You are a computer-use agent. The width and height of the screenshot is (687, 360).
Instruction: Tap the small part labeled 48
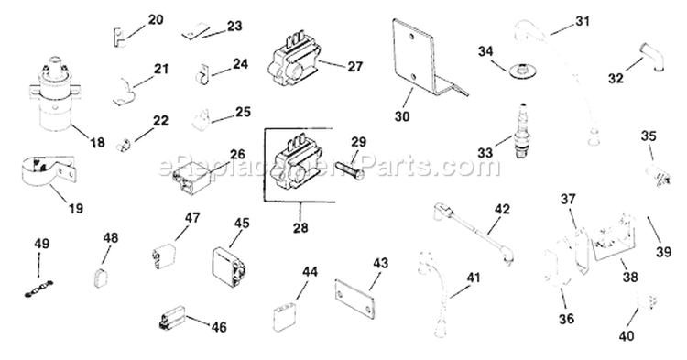click(104, 271)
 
